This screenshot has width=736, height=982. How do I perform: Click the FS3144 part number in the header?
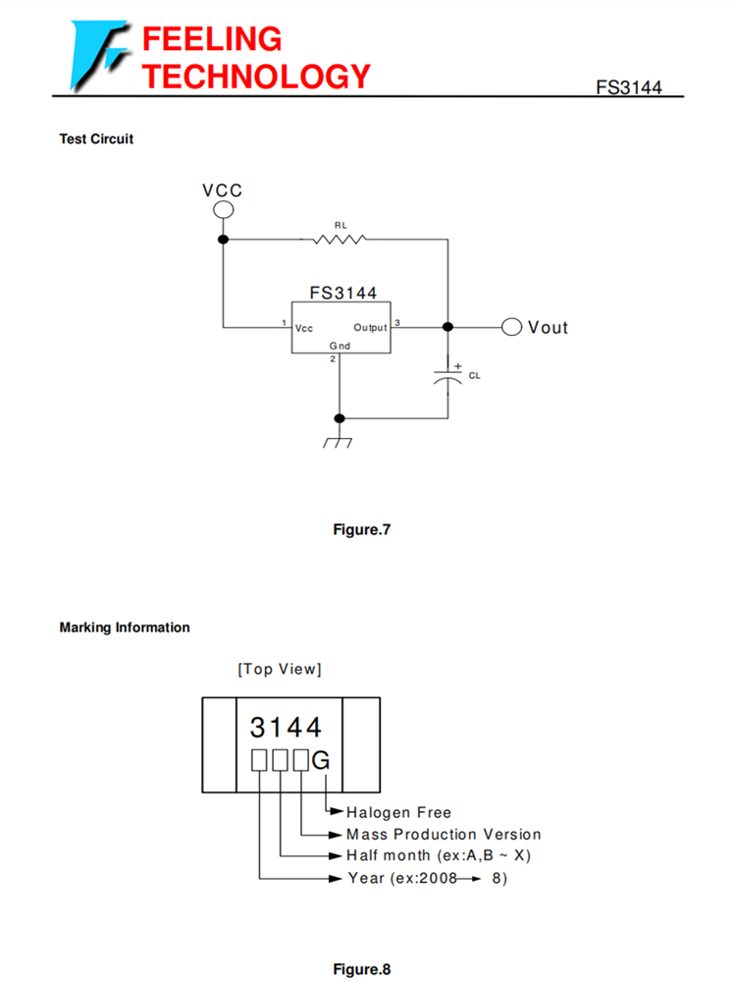[x=629, y=87]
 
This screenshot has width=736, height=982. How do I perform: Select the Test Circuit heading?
[x=96, y=138]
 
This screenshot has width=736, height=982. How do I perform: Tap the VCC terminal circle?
[x=223, y=209]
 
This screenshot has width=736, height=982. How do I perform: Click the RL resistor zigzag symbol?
[x=340, y=239]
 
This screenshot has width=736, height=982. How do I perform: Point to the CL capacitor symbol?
[x=448, y=374]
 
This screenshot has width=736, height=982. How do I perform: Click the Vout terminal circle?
[x=511, y=327]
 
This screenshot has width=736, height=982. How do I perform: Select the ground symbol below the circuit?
[x=339, y=441]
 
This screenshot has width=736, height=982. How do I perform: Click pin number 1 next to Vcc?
[x=284, y=323]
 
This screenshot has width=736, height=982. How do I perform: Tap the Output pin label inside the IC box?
[x=370, y=327]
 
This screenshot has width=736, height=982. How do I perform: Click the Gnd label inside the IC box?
[x=339, y=346]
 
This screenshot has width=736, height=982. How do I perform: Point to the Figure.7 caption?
[x=362, y=530]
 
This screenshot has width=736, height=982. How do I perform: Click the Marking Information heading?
[x=125, y=627]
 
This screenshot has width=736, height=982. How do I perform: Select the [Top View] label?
[x=280, y=670]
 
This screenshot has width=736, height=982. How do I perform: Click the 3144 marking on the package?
[x=286, y=728]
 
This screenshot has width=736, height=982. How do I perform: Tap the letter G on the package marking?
[x=321, y=760]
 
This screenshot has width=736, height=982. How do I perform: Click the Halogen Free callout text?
[x=398, y=813]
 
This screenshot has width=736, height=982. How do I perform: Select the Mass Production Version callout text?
[x=444, y=835]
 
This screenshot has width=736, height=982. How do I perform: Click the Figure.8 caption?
[x=362, y=969]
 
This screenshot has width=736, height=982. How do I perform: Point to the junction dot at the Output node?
[x=448, y=327]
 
